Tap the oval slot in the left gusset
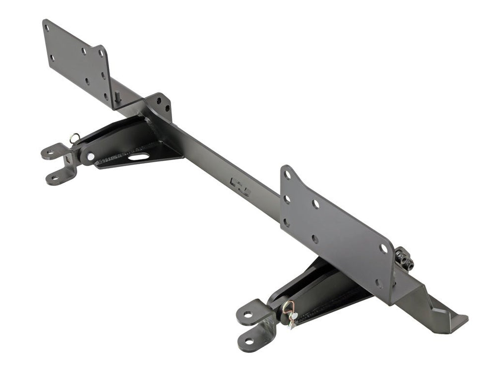pos(139,157)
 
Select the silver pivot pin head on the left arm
pos(90,157)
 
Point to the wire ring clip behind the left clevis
pos(74,137)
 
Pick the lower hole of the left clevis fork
pos(55,177)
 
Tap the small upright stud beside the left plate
pos(118,97)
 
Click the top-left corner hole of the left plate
pos(47,28)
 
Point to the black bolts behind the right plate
pos(404,259)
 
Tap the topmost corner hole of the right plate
pos(287,174)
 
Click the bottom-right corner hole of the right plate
pos(379,283)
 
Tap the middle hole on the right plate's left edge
pos(287,199)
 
